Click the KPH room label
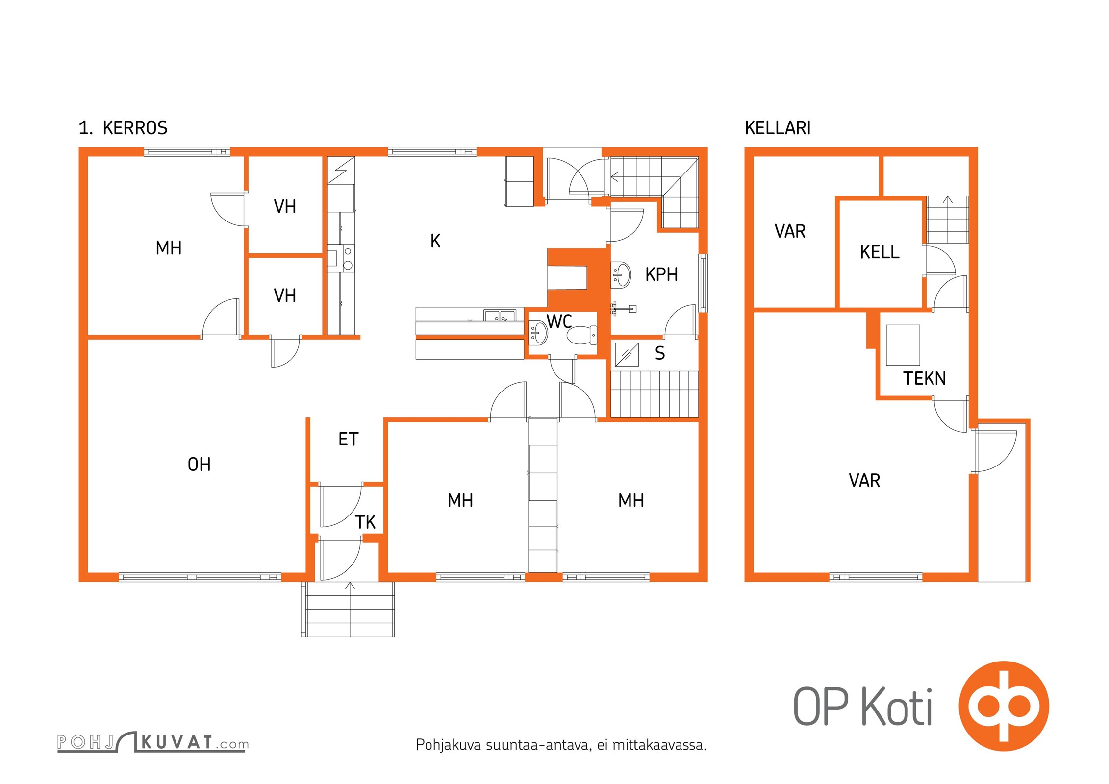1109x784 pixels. coord(661,274)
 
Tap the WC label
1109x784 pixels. coord(559,321)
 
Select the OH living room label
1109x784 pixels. coord(199,464)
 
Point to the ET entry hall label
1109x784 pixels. coord(349,439)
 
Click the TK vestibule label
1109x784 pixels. coord(365,522)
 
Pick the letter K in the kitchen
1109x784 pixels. coord(435,241)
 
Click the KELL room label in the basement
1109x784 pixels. coord(880,252)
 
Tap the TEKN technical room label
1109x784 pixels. coord(924,378)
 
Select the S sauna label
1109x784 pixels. coord(660,353)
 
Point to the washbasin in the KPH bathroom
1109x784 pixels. coord(621,274)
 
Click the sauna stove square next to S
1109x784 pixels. coord(627,354)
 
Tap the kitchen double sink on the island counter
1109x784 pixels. coord(500,316)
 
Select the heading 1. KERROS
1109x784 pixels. coord(123,128)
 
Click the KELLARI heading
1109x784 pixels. coord(778,128)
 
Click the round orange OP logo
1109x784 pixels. coord(1004,706)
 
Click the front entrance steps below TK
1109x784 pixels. coord(348,609)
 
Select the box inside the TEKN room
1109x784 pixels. coord(903,345)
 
